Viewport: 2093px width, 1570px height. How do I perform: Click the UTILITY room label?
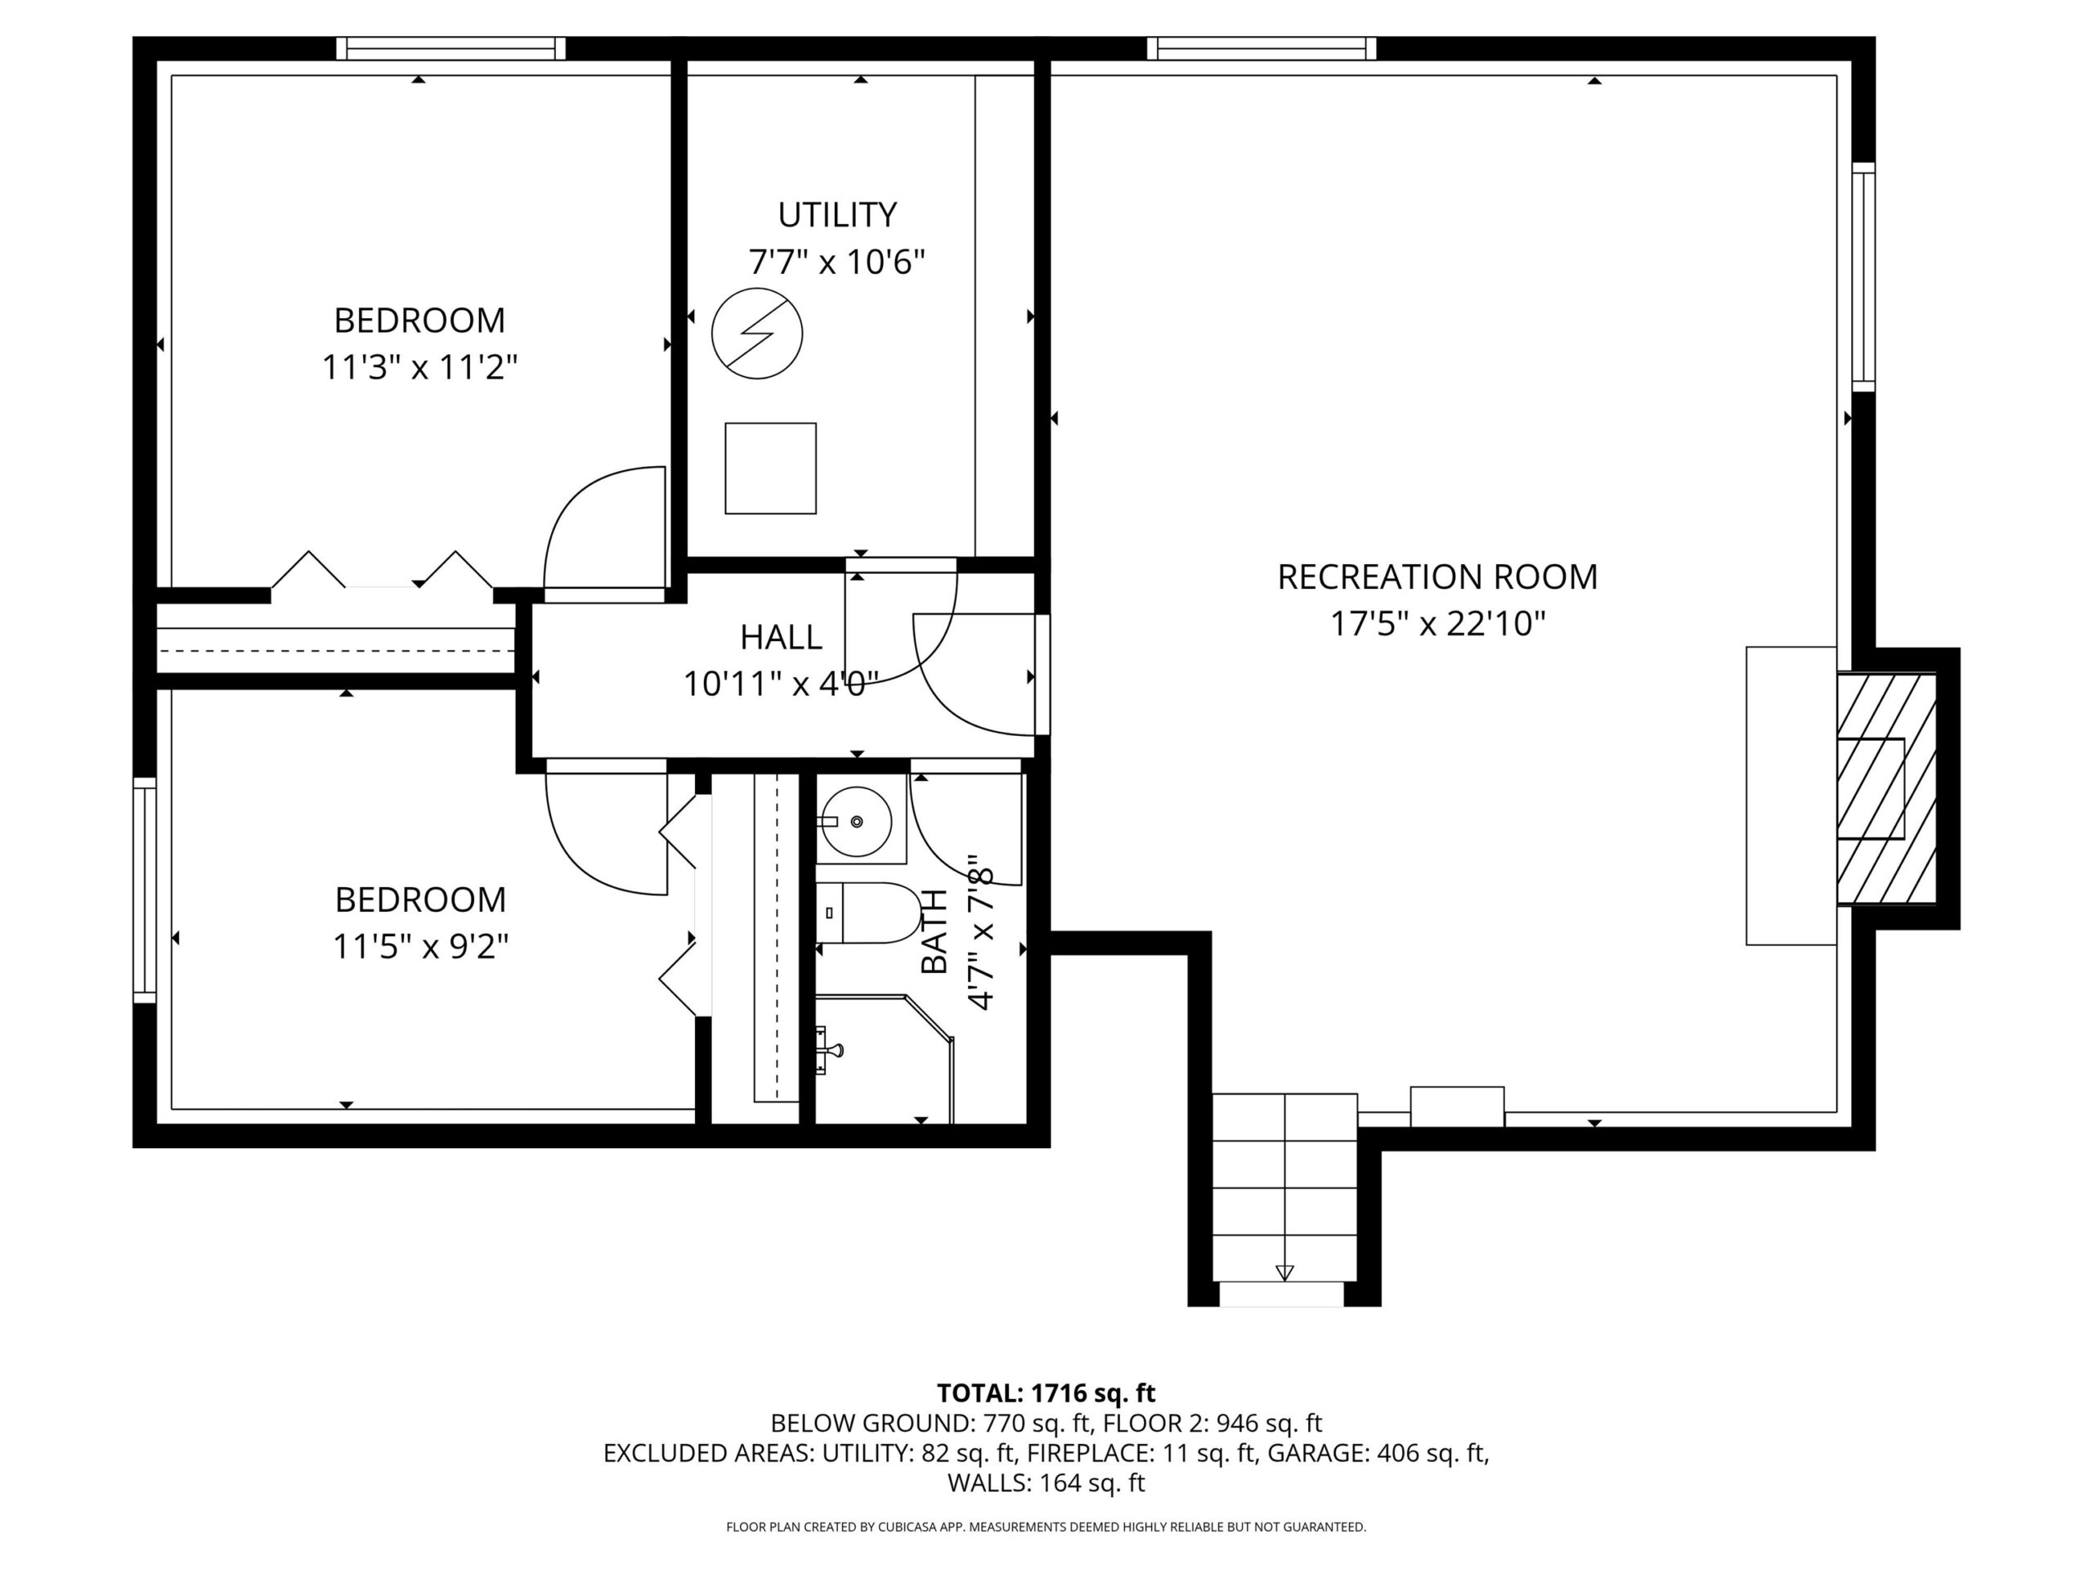[837, 216]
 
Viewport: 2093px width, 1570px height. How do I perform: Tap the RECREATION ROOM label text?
[1437, 577]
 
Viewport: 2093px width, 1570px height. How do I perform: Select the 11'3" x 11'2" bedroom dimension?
[420, 367]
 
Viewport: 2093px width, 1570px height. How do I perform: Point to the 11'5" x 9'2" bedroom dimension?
[420, 946]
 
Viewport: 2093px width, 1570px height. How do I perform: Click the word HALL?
[782, 638]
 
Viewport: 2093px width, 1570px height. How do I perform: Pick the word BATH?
[934, 931]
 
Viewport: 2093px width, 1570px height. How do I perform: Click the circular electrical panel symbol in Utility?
[757, 334]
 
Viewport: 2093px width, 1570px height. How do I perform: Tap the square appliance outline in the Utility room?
[770, 469]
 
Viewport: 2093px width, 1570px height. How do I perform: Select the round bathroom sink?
[855, 822]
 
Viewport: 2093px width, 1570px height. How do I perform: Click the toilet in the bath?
[868, 913]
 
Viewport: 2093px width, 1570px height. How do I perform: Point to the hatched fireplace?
[1887, 788]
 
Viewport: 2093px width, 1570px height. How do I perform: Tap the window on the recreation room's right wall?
[1863, 276]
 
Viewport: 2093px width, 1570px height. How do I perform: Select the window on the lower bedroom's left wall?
[144, 890]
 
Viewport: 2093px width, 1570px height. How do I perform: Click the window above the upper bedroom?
[451, 48]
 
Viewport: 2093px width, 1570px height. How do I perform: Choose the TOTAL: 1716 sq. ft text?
[1046, 1393]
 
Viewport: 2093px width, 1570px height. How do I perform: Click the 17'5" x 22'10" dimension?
[1438, 625]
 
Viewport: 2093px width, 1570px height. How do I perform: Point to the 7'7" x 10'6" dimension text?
[836, 262]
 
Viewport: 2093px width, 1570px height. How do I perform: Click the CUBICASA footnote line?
[1046, 1527]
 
